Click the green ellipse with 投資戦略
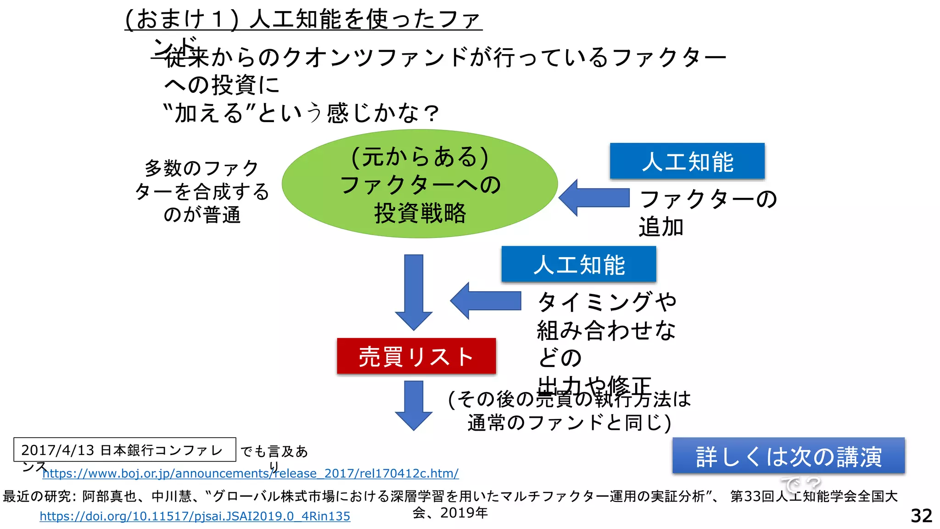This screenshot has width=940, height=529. click(420, 184)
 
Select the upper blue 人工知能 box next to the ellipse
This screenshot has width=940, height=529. click(687, 161)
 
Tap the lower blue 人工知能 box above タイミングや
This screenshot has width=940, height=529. click(579, 264)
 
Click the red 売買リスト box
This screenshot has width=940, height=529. click(416, 356)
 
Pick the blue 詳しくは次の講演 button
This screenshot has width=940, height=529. click(788, 456)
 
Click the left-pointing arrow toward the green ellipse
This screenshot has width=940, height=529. click(594, 198)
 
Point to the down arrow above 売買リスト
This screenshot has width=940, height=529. click(414, 292)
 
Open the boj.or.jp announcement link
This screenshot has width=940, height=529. click(250, 473)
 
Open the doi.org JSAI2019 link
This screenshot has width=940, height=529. click(195, 516)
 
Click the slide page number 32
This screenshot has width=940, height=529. click(921, 516)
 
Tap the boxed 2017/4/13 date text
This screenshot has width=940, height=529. click(57, 450)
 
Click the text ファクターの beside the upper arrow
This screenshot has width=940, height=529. click(708, 199)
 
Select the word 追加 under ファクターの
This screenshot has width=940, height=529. click(661, 227)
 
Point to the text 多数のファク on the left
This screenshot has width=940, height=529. click(201, 168)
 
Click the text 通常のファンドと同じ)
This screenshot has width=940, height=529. click(569, 422)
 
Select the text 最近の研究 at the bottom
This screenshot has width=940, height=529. click(37, 496)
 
